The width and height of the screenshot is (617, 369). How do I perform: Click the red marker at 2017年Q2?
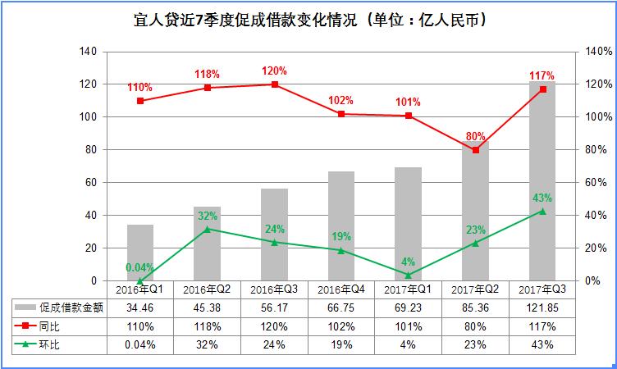475,150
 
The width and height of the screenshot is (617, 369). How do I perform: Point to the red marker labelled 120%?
274,84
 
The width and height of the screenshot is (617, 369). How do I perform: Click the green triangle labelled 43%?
542,211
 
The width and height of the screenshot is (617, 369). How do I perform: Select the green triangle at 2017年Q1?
409,275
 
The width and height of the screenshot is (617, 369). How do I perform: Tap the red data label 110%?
140,86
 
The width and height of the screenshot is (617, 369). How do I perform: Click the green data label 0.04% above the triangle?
140,266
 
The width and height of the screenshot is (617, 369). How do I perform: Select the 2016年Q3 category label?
274,289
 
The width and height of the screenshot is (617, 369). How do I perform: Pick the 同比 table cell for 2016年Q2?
207,326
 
